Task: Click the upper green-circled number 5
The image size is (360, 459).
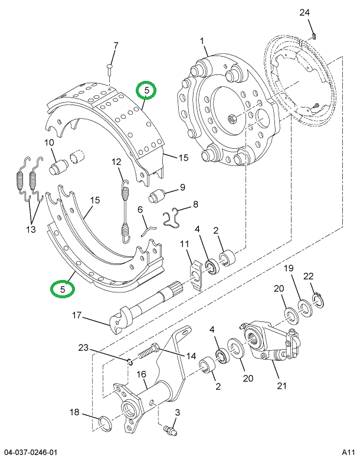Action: [146, 90]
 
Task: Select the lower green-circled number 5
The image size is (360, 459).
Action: [62, 289]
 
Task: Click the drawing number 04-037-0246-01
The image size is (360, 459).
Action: [32, 451]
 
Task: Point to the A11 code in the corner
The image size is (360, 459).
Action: [348, 451]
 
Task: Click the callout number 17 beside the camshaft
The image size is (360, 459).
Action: [77, 316]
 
